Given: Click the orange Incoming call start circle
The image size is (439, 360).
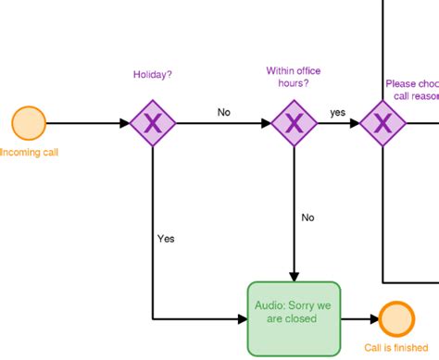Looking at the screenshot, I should [29, 123].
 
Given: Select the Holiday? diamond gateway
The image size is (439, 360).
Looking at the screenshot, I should [151, 123].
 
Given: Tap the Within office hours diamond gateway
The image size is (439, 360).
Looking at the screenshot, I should [294, 123].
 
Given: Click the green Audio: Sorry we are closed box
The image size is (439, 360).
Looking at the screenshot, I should [294, 318].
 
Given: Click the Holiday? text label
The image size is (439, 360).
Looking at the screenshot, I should [152, 75].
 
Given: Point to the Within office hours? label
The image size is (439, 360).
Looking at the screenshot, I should [288, 77].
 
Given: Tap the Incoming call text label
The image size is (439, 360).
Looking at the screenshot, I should [29, 152].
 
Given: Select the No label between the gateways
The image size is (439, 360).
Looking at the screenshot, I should [223, 112].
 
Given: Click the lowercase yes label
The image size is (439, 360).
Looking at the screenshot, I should [338, 112].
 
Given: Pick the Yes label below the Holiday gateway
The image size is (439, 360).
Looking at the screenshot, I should [166, 238].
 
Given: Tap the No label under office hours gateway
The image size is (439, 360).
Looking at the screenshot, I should [308, 218].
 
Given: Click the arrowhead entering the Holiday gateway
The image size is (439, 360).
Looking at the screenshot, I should [125, 123].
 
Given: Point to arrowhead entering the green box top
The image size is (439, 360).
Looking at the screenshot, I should [294, 276].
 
